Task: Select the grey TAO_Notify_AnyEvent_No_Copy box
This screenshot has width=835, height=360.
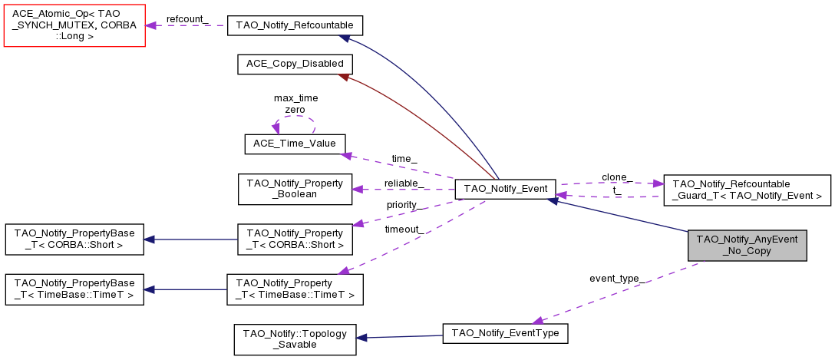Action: (748, 245)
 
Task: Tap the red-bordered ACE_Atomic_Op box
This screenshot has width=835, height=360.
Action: (74, 25)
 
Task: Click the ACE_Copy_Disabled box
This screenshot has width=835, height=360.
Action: (295, 64)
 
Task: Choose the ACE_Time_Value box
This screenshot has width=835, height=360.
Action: (295, 144)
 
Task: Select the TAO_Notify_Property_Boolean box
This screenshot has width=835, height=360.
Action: (295, 189)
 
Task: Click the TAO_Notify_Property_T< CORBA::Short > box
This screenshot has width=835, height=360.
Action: (295, 239)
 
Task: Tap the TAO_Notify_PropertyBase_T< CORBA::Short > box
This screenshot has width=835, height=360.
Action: (74, 239)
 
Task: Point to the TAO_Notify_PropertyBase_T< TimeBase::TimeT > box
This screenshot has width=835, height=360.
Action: (74, 289)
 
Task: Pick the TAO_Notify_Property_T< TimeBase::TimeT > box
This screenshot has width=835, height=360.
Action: (295, 289)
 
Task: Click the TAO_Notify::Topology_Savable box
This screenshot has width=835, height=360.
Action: (295, 339)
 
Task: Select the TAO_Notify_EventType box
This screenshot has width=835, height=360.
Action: (506, 333)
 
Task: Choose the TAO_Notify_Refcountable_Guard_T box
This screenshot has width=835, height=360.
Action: (747, 190)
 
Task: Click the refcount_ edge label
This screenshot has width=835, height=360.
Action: (186, 18)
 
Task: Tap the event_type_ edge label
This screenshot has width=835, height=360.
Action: (616, 278)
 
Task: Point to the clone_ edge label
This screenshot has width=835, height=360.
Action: (617, 177)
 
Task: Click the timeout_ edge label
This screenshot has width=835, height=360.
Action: (402, 229)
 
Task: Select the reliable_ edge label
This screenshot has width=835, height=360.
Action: (404, 183)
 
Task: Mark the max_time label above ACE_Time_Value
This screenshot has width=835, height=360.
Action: (295, 98)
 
